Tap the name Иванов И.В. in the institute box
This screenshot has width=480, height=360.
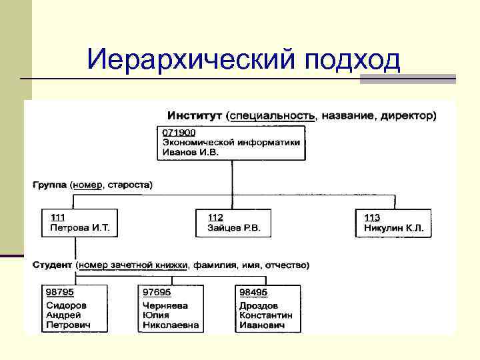click(x=191, y=152)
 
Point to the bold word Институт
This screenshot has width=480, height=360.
click(x=195, y=115)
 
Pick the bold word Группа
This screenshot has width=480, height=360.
click(x=49, y=183)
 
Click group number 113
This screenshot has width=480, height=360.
click(x=373, y=217)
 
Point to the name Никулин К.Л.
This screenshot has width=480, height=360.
click(x=393, y=227)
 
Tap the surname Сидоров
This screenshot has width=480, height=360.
click(x=67, y=305)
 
